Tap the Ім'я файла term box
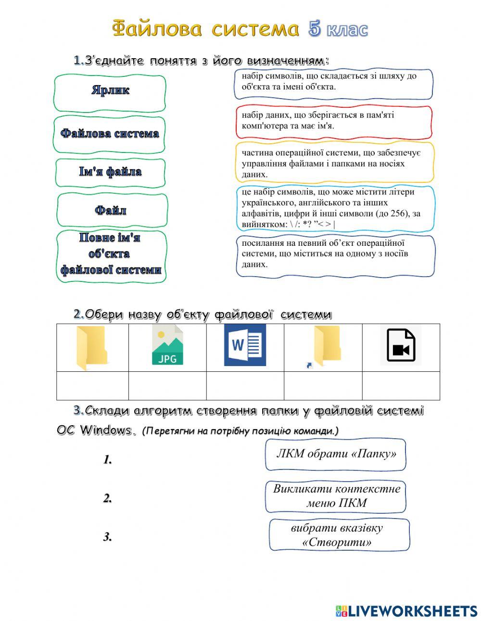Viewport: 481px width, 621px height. point(110,173)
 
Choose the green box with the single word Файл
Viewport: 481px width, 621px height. point(112,210)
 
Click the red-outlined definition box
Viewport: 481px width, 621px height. point(334,121)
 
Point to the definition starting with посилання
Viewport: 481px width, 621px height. point(335,255)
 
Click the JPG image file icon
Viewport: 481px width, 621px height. point(167,346)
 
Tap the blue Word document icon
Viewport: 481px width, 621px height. point(245,345)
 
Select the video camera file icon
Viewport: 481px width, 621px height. point(401,345)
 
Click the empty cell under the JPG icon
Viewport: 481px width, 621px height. point(167,386)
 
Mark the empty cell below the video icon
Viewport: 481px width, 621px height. point(401,386)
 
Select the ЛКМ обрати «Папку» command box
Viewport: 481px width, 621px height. point(336,454)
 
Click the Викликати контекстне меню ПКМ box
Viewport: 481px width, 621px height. point(336,496)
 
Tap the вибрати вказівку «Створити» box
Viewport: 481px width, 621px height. point(339,535)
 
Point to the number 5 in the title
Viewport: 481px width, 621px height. point(315,29)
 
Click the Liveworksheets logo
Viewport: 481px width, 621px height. point(406,611)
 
